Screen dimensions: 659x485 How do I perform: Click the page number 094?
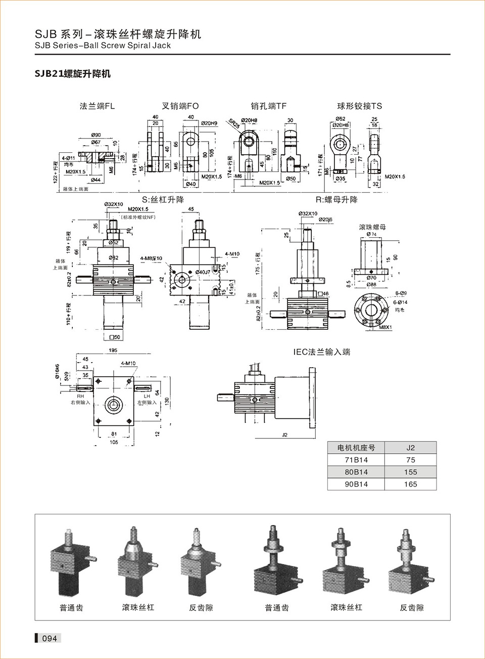coord(50,638)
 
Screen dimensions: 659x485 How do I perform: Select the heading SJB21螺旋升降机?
coord(72,74)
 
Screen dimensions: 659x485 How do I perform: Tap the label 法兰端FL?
coord(97,106)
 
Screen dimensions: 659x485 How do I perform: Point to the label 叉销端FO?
coord(180,106)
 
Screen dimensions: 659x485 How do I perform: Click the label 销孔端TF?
coord(268,106)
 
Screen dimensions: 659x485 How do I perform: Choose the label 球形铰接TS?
coord(360,106)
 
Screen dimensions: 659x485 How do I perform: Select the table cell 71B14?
coord(356,460)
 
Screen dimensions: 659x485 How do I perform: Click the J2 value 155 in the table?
coord(410,472)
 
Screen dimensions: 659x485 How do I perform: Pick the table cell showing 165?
coord(410,484)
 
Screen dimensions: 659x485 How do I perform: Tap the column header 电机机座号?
coord(356,448)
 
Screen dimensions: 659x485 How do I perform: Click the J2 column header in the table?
coord(410,448)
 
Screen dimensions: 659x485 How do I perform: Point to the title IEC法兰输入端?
coord(321,352)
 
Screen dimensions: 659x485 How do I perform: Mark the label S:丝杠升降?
coord(163,200)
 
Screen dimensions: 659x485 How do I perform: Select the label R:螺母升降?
coord(336,200)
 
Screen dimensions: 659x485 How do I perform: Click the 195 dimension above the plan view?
coord(113,350)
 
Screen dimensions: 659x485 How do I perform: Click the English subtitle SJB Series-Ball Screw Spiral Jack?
coord(103,46)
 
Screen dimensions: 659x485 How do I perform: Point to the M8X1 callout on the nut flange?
coord(385,327)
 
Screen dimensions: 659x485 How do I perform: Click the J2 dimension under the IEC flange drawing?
coord(284,435)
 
